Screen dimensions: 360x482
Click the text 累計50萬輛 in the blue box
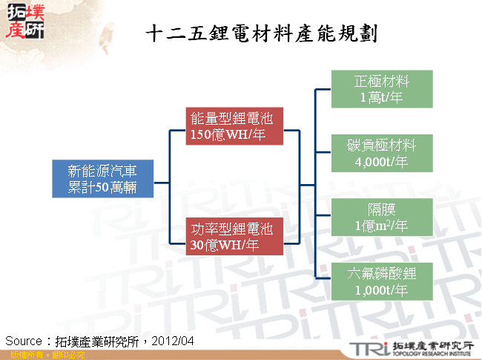click(102, 187)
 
